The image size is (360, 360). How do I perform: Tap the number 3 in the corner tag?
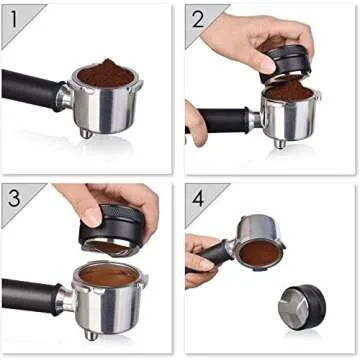(x=13, y=196)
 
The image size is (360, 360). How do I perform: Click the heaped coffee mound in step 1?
(x=103, y=72)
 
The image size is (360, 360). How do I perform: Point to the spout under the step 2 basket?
(x=279, y=142)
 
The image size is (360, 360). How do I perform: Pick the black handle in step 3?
(x=30, y=296)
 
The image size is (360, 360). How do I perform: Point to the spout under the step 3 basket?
(x=91, y=339)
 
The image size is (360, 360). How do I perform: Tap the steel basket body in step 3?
(x=110, y=306)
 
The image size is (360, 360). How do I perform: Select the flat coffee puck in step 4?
(x=258, y=251)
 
